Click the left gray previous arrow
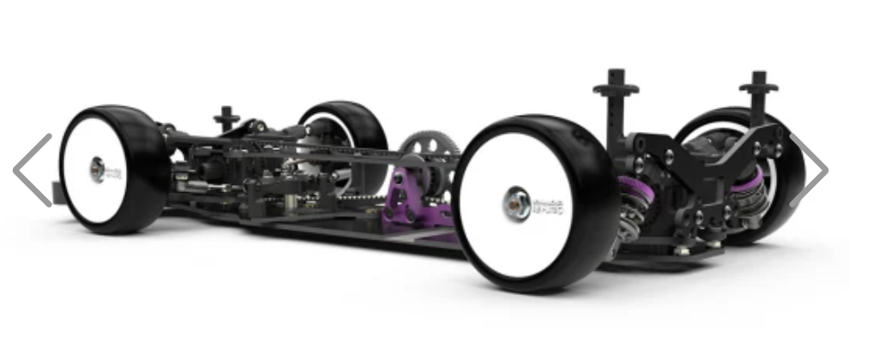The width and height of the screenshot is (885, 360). click(32, 170)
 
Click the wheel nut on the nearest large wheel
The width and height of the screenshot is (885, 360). click(516, 205)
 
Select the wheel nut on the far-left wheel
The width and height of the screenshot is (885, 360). click(98, 168)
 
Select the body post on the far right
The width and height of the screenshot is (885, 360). click(757, 99)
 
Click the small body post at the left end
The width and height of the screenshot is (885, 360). click(226, 117)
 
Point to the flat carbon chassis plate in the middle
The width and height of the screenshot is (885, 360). click(343, 227)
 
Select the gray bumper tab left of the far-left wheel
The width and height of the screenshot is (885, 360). click(58, 191)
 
